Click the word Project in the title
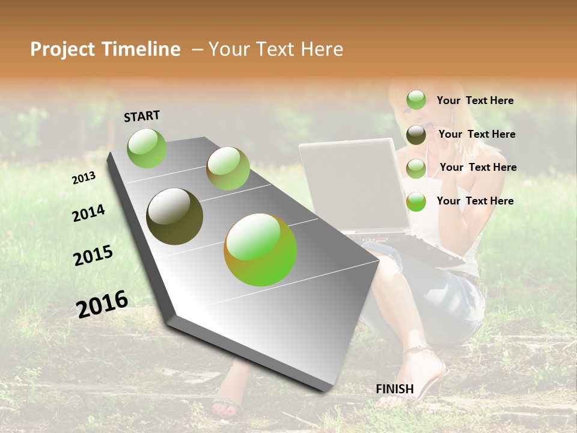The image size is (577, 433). [63, 49]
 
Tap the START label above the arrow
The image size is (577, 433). [142, 116]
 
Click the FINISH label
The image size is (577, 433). [394, 389]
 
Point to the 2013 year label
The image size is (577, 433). [84, 178]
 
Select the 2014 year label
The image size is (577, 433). [88, 213]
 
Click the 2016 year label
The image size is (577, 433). [102, 304]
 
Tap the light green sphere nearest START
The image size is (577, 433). [147, 148]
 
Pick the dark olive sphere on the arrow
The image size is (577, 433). [174, 216]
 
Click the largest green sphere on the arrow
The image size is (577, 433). [260, 250]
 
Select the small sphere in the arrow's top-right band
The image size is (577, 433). [228, 168]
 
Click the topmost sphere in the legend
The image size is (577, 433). [416, 100]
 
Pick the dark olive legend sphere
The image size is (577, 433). [416, 135]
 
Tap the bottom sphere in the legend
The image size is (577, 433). [416, 201]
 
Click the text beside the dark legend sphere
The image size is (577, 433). [477, 134]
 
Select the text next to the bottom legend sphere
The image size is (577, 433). [475, 201]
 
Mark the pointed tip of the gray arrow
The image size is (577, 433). [325, 391]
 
